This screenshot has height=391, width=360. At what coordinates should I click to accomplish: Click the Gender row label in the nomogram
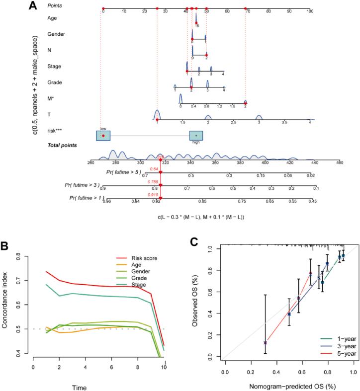(x=54, y=34)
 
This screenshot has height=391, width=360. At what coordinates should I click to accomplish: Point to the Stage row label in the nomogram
(x=53, y=66)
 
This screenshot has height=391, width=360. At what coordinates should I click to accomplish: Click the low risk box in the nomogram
(x=103, y=135)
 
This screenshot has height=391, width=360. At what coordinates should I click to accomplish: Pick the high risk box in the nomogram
(x=196, y=136)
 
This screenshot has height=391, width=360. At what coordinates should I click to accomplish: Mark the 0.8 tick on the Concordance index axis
(x=23, y=257)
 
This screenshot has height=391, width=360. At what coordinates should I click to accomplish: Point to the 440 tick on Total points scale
(x=314, y=162)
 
